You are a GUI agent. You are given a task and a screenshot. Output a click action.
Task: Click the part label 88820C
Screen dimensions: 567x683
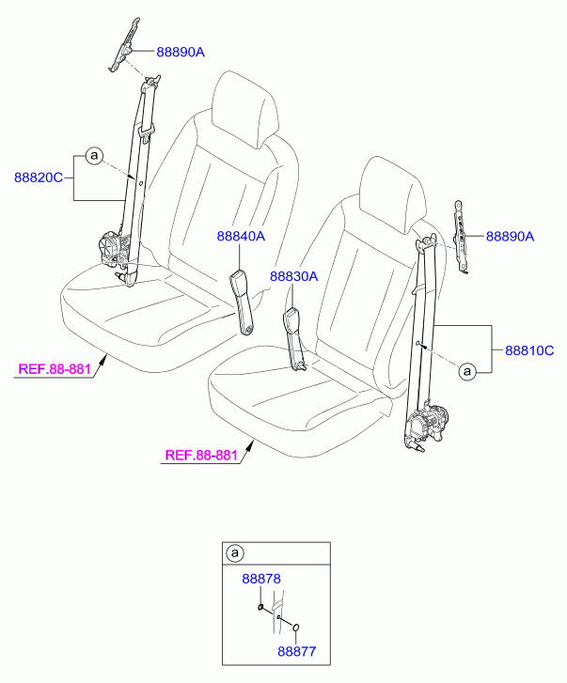click(x=39, y=178)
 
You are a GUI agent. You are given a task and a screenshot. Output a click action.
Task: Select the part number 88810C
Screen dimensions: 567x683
click(x=529, y=350)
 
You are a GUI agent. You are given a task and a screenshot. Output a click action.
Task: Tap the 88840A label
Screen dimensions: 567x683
click(x=241, y=236)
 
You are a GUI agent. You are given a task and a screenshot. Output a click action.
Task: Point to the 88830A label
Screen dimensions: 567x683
click(x=293, y=276)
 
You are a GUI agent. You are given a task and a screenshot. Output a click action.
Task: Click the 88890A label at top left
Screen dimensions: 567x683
click(x=181, y=53)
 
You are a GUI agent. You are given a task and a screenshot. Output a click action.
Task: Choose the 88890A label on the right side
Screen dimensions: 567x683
click(x=510, y=237)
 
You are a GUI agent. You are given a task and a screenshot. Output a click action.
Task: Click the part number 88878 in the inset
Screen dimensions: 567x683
click(x=261, y=579)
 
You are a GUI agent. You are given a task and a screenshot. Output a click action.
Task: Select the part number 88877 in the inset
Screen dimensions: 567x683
click(x=297, y=652)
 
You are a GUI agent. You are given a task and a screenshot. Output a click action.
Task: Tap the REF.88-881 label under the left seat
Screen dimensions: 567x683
click(x=55, y=369)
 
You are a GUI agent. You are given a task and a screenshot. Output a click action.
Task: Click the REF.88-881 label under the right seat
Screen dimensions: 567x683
click(x=201, y=456)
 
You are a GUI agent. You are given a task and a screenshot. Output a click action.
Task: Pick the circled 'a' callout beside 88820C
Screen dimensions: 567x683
click(x=94, y=156)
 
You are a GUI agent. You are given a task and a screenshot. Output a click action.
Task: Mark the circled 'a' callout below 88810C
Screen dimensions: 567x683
click(x=467, y=371)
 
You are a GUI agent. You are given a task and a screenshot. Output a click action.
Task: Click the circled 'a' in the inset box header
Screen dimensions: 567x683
click(x=235, y=553)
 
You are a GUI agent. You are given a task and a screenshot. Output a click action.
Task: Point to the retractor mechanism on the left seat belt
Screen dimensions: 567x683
click(x=114, y=249)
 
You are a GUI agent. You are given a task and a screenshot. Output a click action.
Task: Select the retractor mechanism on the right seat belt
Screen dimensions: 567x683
click(x=428, y=424)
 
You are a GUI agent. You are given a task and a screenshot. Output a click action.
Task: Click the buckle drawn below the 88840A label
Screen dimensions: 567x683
click(x=242, y=302)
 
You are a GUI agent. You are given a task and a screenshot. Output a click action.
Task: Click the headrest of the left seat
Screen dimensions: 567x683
click(x=244, y=109)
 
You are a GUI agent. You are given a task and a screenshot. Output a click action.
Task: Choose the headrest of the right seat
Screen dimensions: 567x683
click(x=393, y=191)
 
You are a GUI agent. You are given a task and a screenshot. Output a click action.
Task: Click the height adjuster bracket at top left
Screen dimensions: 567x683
click(x=125, y=45)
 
